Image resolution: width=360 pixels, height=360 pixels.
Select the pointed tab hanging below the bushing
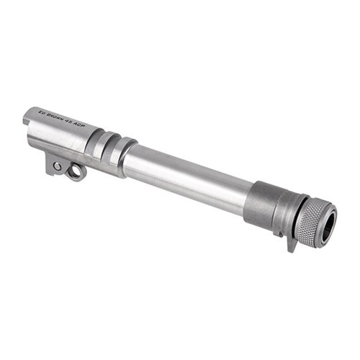tap(292, 244)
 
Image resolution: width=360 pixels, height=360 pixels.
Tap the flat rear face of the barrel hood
tap(25, 117)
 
